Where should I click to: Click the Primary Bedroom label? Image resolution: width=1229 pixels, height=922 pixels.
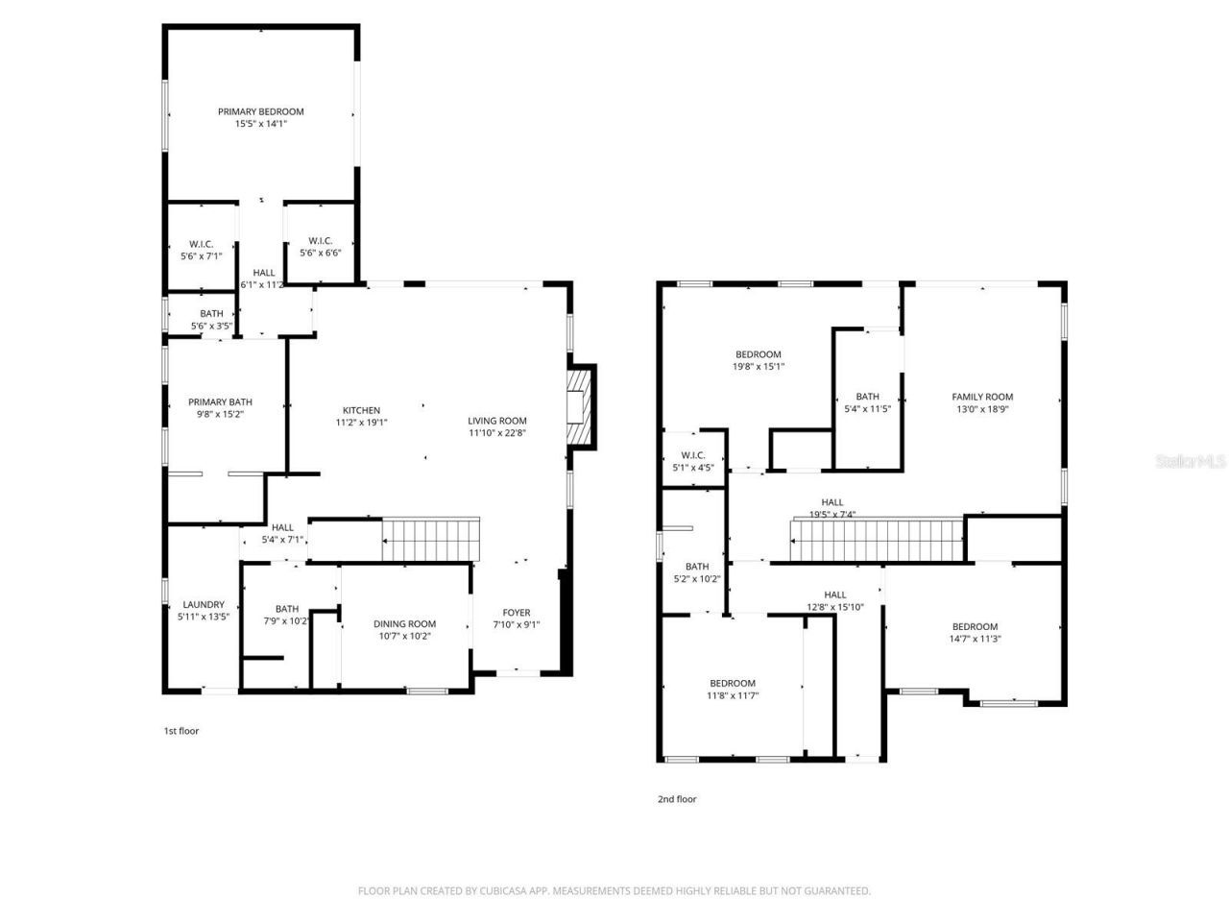[260, 112]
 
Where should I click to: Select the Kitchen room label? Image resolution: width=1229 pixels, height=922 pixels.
[362, 411]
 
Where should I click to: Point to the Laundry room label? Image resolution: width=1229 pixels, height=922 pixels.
[203, 605]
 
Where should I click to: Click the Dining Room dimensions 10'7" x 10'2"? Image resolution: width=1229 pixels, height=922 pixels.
[404, 636]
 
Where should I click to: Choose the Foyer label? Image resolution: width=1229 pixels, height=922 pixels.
[517, 613]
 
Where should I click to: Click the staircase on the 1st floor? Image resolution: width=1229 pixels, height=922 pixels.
[430, 539]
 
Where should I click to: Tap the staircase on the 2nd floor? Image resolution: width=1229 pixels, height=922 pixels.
[876, 541]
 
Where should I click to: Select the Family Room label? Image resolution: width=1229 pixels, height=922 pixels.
[982, 397]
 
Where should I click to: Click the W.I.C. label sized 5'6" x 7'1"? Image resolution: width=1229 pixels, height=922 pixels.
[201, 244]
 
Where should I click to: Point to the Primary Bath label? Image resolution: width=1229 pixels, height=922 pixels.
[220, 402]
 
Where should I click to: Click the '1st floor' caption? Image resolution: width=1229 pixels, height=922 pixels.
[181, 731]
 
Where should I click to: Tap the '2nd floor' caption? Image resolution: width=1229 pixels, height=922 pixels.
[677, 799]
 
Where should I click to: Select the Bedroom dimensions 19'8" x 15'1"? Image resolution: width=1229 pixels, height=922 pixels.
[759, 366]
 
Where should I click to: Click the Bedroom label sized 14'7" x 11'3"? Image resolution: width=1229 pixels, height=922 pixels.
[975, 627]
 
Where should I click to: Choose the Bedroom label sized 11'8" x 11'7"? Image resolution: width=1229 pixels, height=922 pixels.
[733, 684]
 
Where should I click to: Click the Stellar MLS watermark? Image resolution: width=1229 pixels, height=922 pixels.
[1191, 461]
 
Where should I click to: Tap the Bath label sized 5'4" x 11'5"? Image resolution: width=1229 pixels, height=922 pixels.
[867, 397]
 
